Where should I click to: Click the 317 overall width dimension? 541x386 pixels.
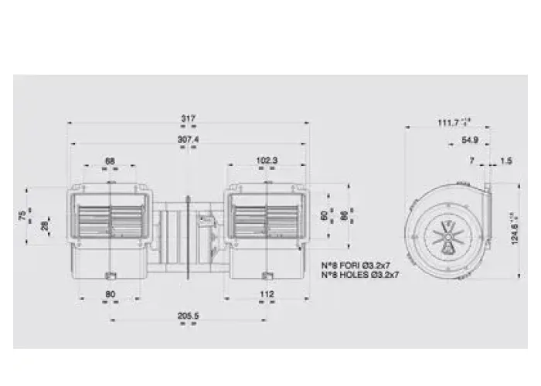(x=188, y=118)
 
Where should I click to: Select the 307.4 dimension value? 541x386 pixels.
(x=188, y=139)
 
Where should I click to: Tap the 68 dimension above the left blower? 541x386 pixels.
(x=110, y=161)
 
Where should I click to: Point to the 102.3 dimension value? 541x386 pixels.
(x=266, y=161)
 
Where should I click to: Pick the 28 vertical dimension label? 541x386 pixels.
(x=46, y=226)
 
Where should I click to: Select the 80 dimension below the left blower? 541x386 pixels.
(x=110, y=293)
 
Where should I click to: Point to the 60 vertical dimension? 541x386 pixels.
(x=325, y=217)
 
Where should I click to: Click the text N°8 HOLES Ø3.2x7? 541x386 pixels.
(x=361, y=274)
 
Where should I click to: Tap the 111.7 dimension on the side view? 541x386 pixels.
(x=451, y=122)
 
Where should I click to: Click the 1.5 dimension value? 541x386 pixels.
(x=506, y=161)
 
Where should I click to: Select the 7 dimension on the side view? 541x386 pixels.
(x=471, y=161)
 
